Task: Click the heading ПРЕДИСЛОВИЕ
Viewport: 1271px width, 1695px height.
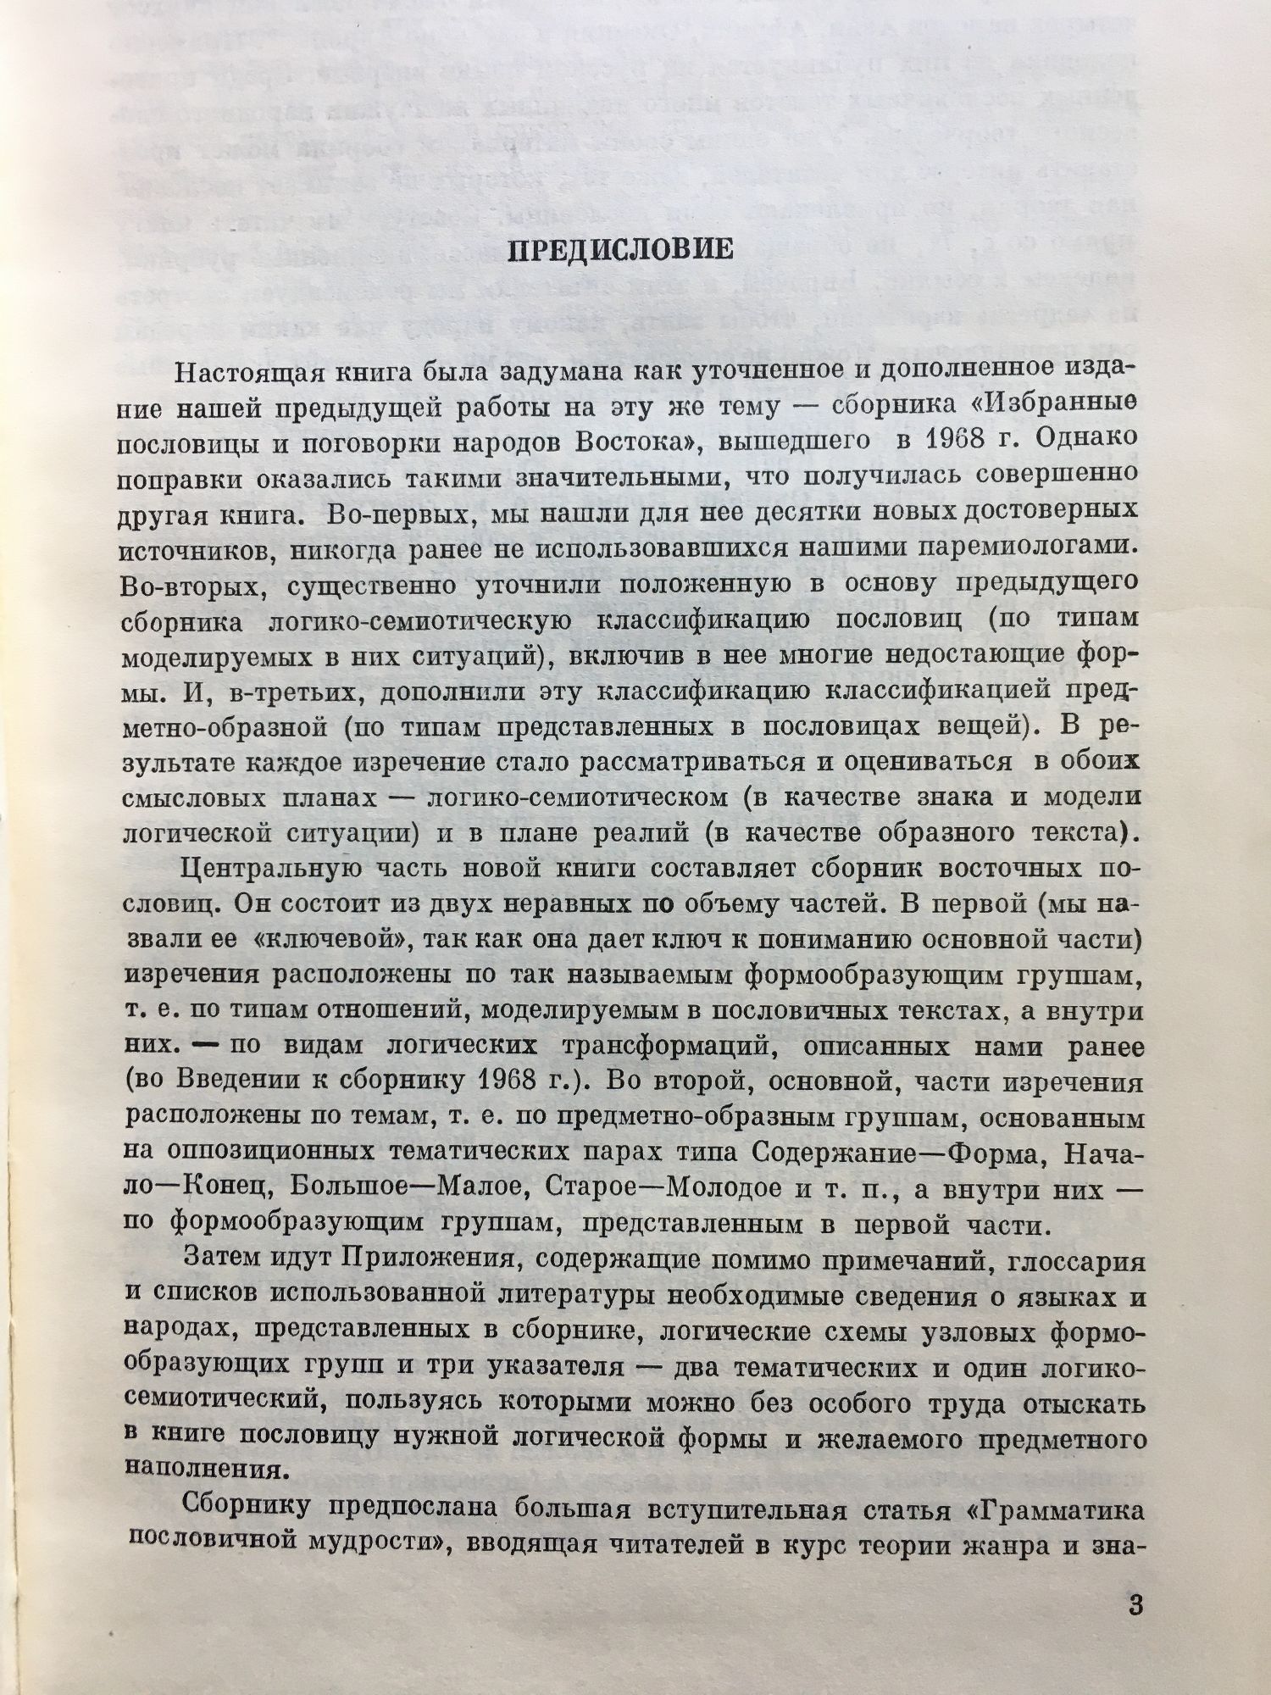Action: (x=619, y=252)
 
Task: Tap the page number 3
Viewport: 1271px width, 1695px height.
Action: (x=1137, y=1605)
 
